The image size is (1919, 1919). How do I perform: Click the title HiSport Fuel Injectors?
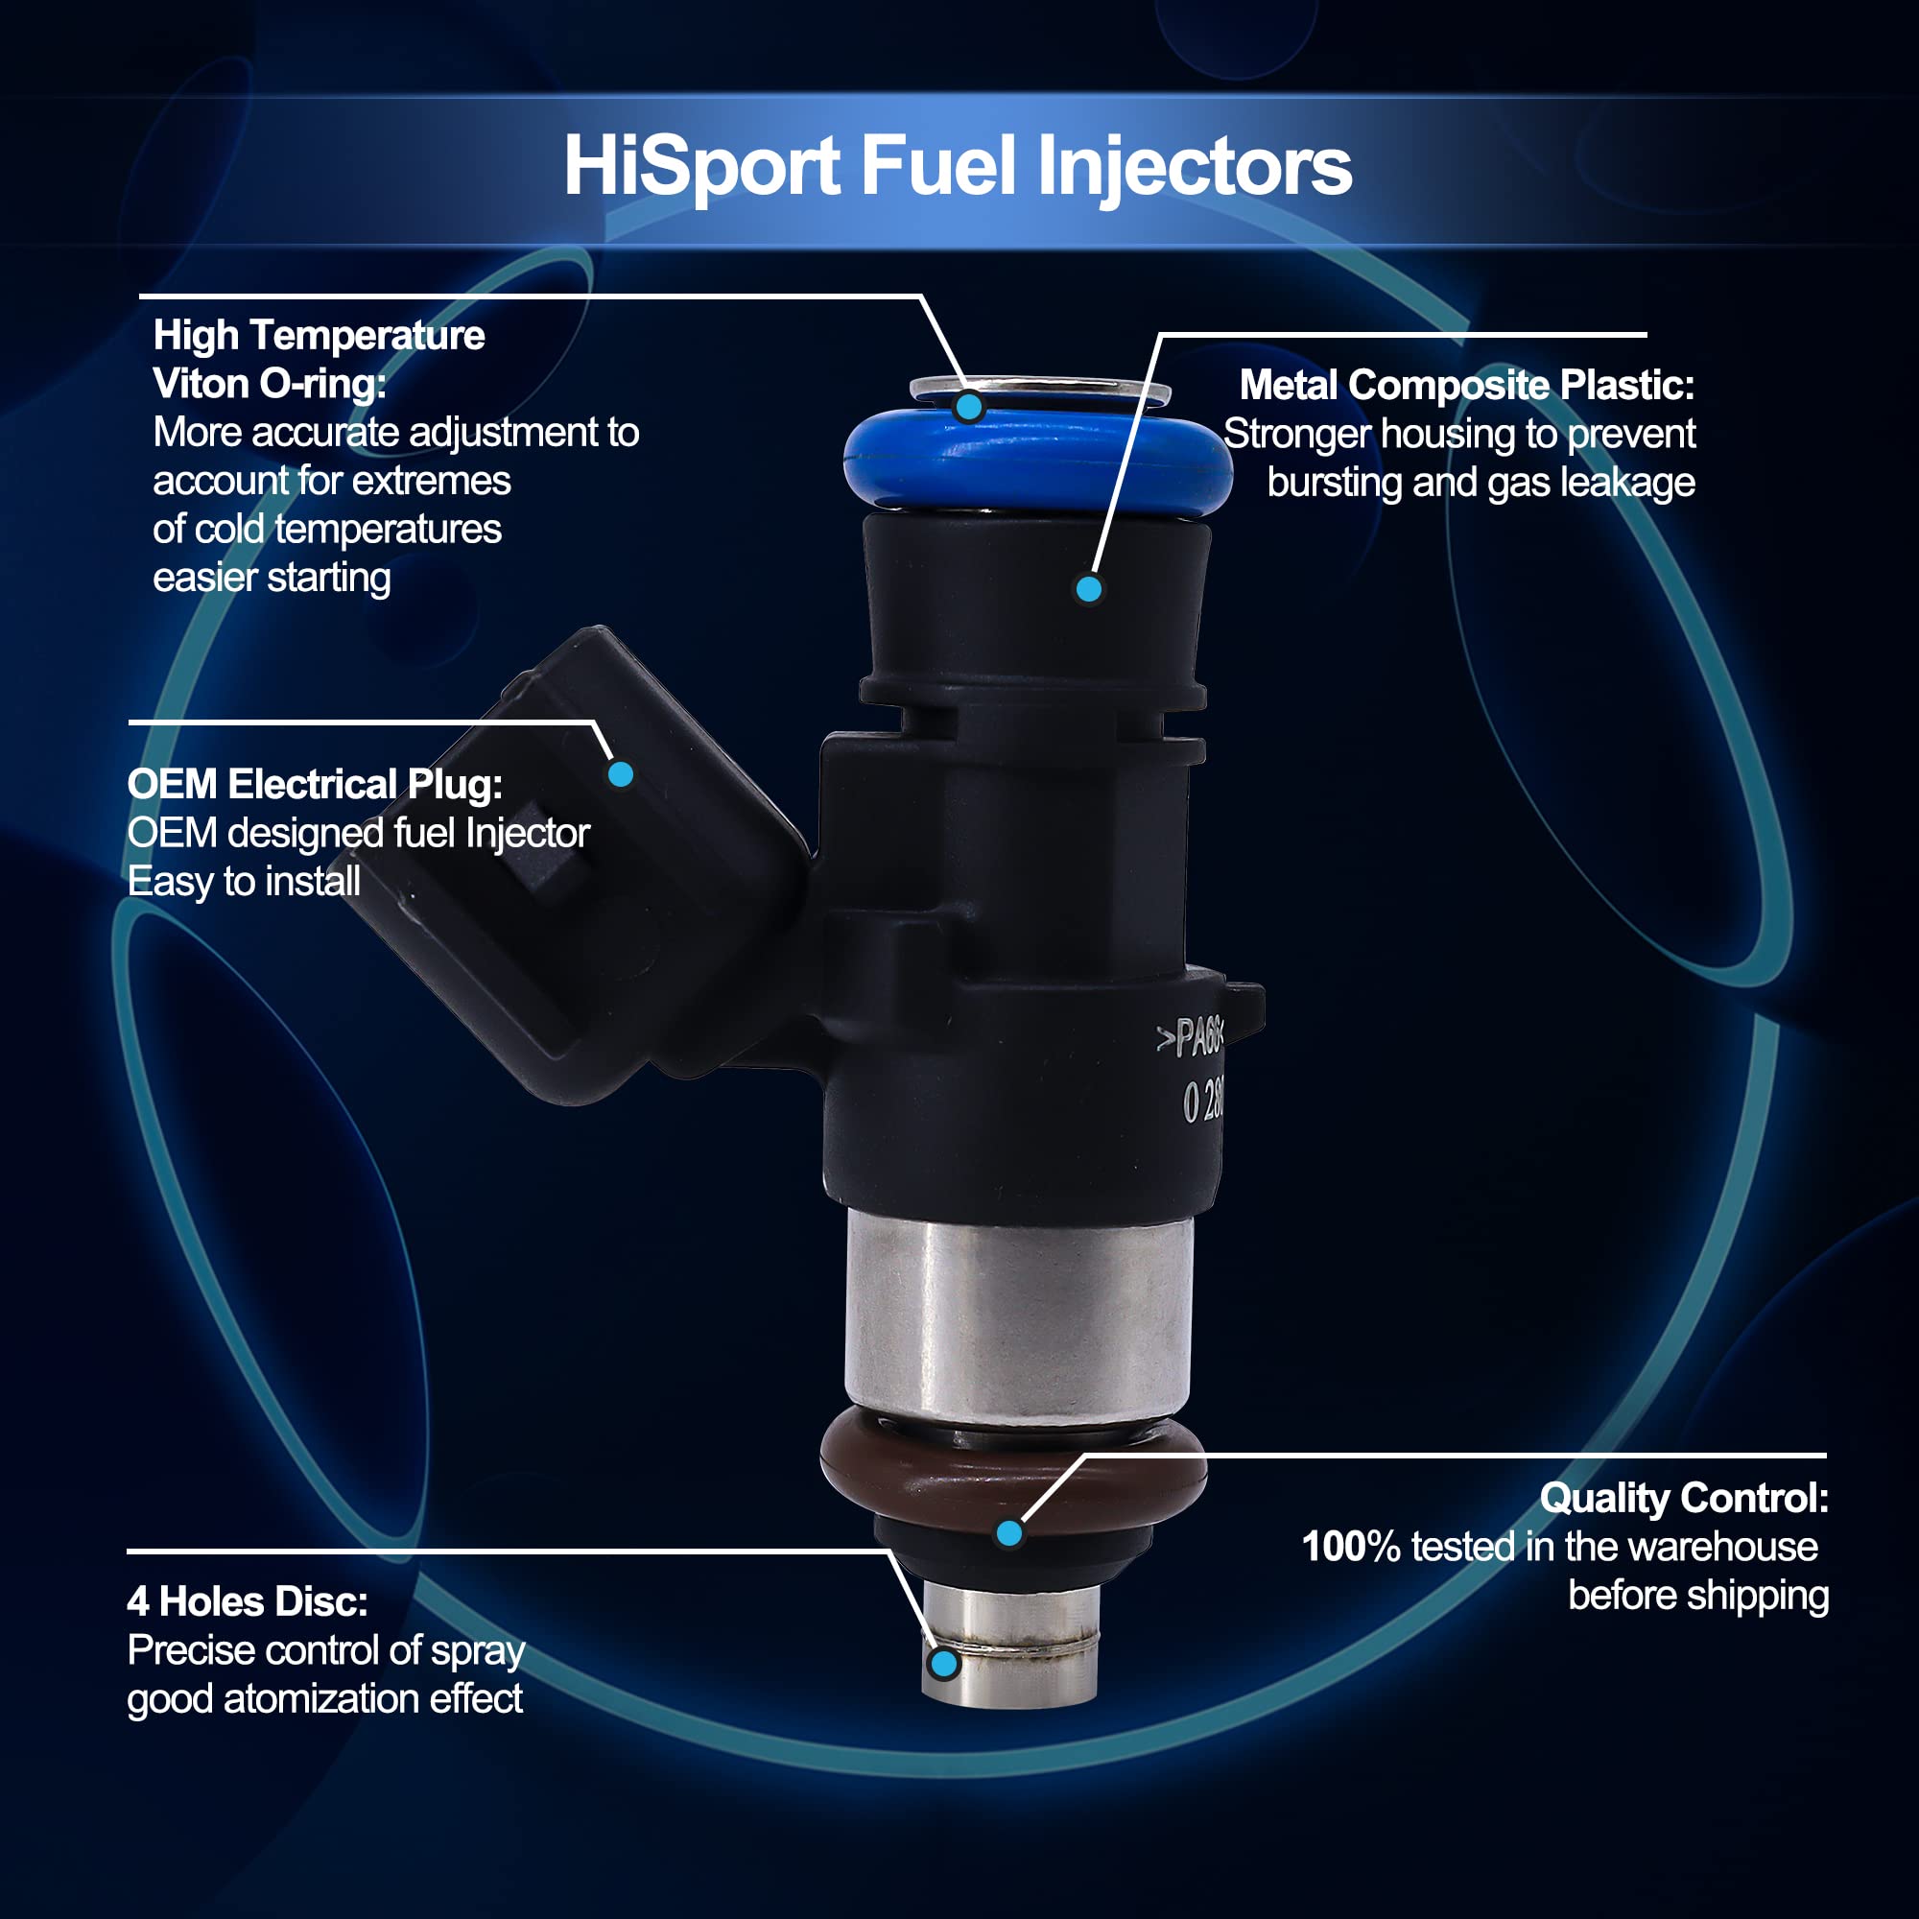click(958, 167)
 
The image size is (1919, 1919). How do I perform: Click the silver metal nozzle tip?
click(1010, 1643)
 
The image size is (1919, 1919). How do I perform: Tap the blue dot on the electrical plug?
click(621, 773)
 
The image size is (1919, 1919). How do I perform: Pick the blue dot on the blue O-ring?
click(968, 405)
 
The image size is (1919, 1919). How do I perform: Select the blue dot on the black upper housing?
click(1089, 589)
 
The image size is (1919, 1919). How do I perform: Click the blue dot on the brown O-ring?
click(1009, 1533)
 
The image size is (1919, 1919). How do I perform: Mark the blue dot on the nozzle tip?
click(943, 1664)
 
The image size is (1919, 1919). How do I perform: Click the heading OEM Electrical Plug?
click(315, 786)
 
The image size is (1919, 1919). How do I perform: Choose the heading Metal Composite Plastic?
click(1466, 386)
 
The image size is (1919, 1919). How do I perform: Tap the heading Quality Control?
click(1685, 1499)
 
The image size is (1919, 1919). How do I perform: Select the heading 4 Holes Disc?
click(248, 1602)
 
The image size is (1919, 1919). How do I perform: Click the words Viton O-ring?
click(270, 385)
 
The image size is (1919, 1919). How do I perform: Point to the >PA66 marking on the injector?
click(1190, 1039)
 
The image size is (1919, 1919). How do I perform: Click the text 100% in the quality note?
click(1351, 1548)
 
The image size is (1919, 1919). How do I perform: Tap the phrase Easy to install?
click(244, 882)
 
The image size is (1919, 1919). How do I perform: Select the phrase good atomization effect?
click(325, 1699)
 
